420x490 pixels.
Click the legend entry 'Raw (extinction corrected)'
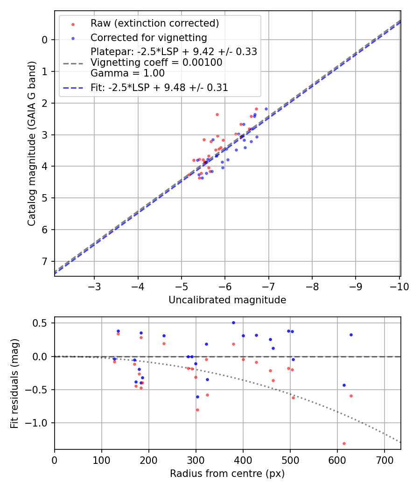tap(154, 23)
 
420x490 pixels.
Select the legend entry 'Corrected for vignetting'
tap(148, 37)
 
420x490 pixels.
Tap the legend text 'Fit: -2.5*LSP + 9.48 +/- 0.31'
tap(159, 88)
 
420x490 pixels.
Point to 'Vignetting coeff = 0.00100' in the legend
tap(156, 63)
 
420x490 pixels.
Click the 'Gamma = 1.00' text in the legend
tap(127, 73)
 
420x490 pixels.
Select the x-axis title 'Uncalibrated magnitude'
tap(227, 300)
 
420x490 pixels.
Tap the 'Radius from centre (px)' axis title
tap(227, 474)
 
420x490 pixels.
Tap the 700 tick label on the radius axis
tap(384, 461)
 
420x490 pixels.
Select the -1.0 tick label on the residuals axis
tap(41, 423)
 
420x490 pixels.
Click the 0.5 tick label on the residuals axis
tap(43, 323)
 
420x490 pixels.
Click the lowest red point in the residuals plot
tap(344, 443)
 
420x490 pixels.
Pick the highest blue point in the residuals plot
tap(233, 322)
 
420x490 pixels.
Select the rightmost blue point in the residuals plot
tap(351, 335)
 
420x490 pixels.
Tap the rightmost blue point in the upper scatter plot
tap(266, 109)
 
